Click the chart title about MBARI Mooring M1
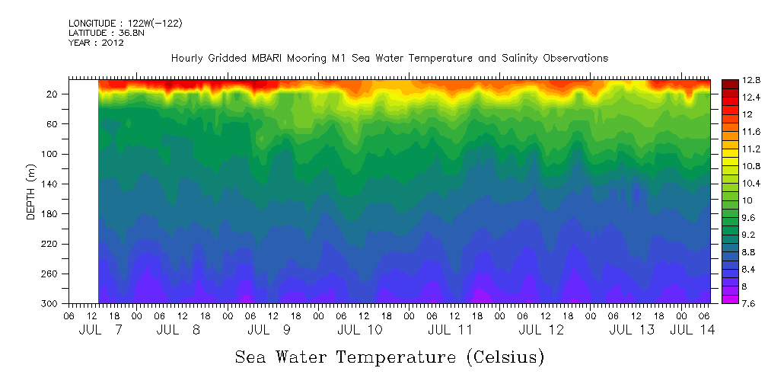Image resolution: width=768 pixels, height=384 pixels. [390, 58]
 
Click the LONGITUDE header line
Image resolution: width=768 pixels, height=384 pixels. [126, 24]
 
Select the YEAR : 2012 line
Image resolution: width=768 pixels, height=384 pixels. [96, 43]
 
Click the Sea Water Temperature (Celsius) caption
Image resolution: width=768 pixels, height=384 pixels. [390, 357]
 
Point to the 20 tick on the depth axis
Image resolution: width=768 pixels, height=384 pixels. [53, 94]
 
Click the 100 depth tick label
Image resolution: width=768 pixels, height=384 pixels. [51, 154]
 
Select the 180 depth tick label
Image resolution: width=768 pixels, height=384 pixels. [51, 214]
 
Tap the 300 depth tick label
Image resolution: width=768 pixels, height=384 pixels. [51, 304]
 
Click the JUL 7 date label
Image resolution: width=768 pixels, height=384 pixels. [100, 330]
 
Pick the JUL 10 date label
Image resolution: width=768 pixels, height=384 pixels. [360, 330]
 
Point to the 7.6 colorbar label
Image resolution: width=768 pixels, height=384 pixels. [751, 303]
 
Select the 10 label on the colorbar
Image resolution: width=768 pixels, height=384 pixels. [748, 200]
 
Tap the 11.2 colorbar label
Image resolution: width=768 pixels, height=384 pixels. [751, 149]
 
